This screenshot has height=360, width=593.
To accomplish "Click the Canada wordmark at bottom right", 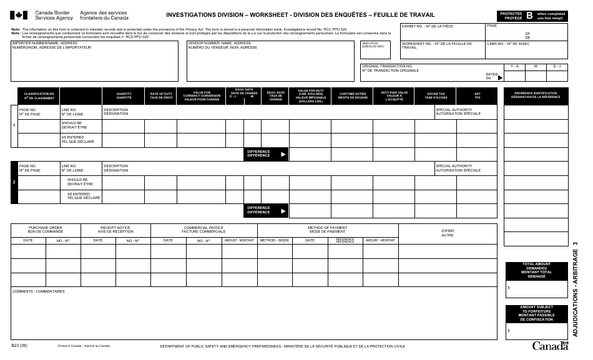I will [x=549, y=346].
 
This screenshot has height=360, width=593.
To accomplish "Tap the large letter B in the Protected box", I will [x=529, y=14].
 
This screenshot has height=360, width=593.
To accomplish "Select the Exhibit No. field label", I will [x=427, y=26].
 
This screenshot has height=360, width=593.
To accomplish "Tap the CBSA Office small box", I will [x=373, y=45].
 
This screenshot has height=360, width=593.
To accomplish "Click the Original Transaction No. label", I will [x=387, y=68].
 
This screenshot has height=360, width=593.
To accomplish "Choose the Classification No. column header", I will [x=39, y=95].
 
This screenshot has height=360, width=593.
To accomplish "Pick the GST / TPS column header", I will [x=477, y=95].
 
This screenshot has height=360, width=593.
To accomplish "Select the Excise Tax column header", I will [x=436, y=95].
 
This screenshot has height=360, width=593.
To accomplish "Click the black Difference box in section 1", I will [x=266, y=153].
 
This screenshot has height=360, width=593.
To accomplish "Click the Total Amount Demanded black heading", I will [x=536, y=270].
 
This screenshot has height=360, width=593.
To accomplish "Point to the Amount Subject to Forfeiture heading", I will [x=536, y=313].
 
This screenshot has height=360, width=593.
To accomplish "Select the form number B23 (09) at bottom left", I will [x=19, y=345].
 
